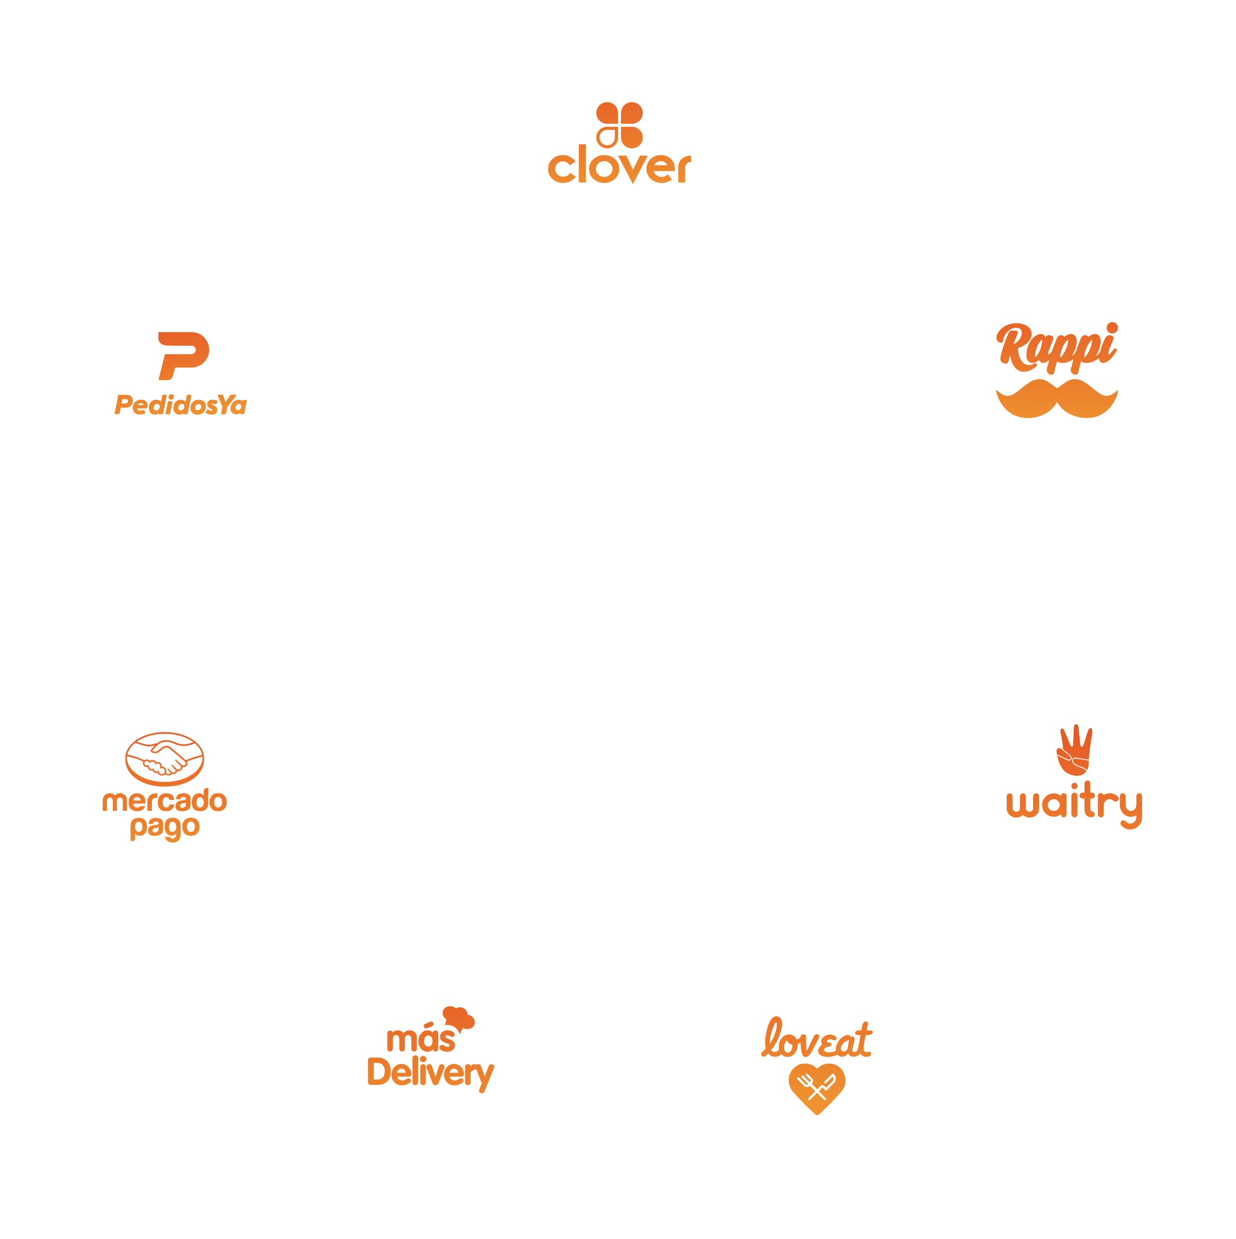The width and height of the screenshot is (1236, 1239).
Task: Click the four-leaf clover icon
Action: [618, 124]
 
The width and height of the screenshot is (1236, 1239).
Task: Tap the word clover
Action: [618, 165]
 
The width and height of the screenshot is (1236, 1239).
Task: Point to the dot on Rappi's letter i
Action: [1112, 328]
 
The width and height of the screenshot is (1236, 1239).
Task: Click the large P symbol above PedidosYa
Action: [183, 355]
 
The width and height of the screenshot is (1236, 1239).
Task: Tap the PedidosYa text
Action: [180, 405]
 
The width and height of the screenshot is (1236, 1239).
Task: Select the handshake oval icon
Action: [165, 759]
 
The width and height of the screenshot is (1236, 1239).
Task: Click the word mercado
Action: [165, 800]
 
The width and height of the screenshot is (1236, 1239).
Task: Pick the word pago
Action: [165, 827]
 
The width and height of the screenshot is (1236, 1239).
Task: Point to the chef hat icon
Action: [459, 1018]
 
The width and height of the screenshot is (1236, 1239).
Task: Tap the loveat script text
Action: [816, 1039]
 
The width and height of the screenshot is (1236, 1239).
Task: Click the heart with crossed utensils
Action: [816, 1087]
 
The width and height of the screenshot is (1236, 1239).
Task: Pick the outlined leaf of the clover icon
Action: [607, 136]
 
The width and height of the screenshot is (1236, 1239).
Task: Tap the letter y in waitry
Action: [1129, 809]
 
